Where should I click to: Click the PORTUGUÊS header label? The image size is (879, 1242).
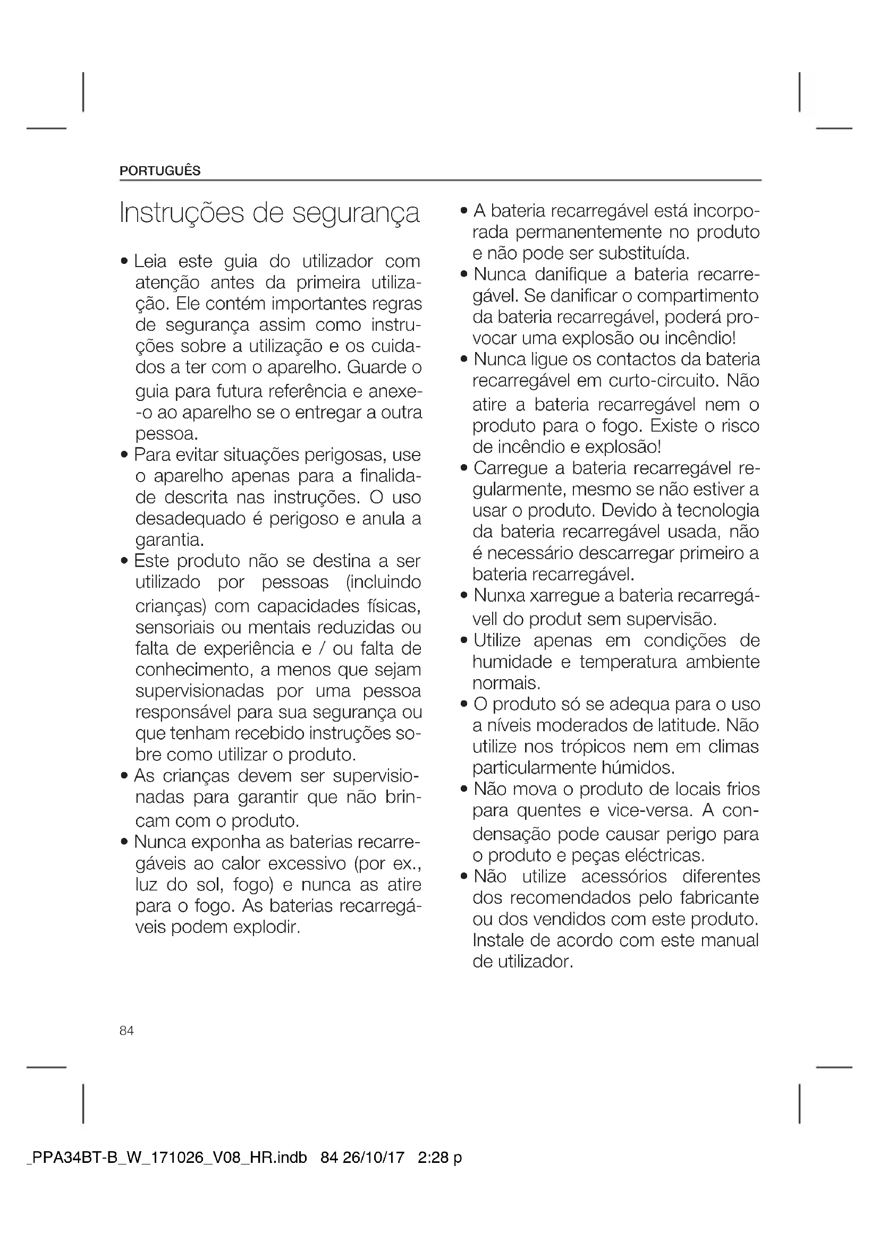pyautogui.click(x=159, y=171)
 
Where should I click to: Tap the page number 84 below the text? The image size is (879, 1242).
pyautogui.click(x=126, y=1031)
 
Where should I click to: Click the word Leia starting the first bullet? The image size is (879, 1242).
pyautogui.click(x=150, y=261)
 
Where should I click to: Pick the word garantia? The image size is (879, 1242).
pyautogui.click(x=170, y=540)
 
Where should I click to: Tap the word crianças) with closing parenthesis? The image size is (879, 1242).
pyautogui.click(x=171, y=606)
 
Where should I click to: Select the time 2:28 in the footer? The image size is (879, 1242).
pyautogui.click(x=433, y=1158)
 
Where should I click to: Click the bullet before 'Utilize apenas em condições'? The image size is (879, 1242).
pyautogui.click(x=463, y=641)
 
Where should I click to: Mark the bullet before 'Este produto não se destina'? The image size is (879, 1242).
pyautogui.click(x=124, y=561)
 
